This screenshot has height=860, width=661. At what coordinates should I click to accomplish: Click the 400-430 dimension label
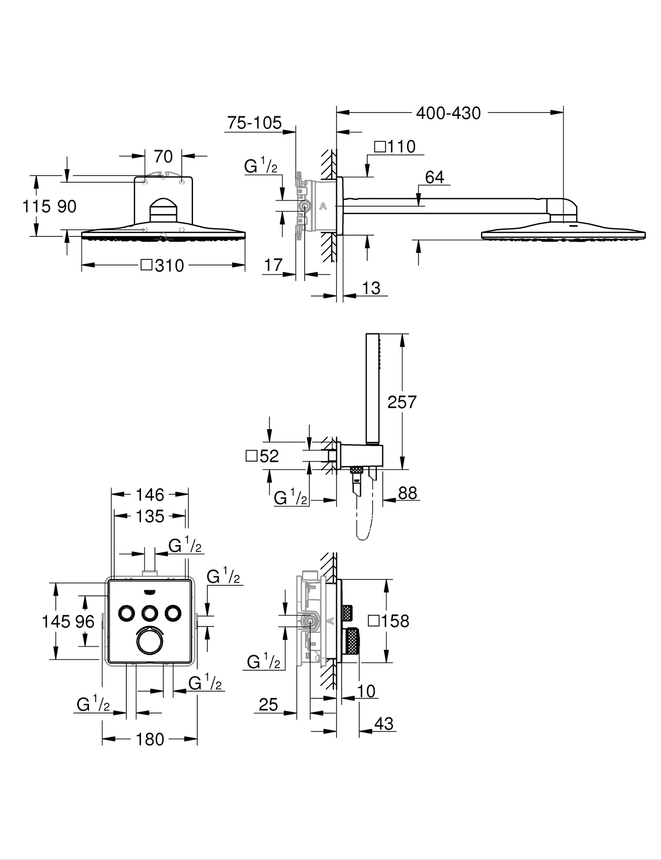click(x=448, y=113)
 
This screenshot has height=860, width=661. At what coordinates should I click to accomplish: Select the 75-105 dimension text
click(x=254, y=123)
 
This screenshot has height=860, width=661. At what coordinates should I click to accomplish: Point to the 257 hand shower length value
click(x=402, y=402)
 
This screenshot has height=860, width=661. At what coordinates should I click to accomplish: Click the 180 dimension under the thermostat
click(x=150, y=739)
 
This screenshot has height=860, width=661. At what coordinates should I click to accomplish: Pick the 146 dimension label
click(x=150, y=495)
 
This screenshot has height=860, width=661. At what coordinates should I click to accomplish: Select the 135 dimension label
click(x=150, y=517)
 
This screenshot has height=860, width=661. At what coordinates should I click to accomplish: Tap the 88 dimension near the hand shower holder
click(x=407, y=493)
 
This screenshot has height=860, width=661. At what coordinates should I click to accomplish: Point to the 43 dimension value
click(x=384, y=724)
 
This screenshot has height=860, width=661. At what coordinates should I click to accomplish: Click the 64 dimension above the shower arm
click(x=434, y=177)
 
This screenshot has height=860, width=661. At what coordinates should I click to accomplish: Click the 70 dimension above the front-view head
click(x=163, y=157)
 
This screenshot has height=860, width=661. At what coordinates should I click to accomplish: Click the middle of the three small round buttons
click(x=149, y=614)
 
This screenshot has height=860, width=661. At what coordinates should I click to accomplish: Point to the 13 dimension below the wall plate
click(x=371, y=288)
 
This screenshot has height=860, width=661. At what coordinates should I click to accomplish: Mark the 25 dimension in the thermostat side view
click(x=269, y=705)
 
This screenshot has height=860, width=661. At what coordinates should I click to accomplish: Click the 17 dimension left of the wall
click(x=273, y=265)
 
